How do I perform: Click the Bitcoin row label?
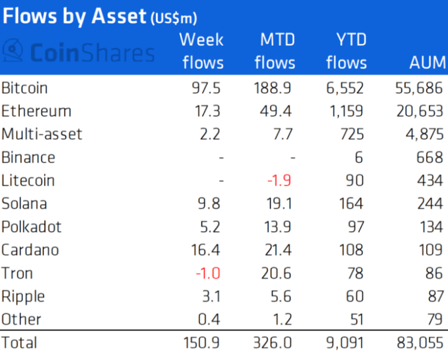[25, 88]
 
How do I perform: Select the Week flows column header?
[201, 51]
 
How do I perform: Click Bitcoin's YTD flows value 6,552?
[345, 88]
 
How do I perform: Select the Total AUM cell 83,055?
[417, 343]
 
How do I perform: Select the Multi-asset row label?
[41, 135]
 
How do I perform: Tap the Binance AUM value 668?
[428, 157]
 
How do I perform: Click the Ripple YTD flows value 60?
[354, 297]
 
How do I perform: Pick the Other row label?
[21, 319]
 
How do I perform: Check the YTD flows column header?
[346, 51]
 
